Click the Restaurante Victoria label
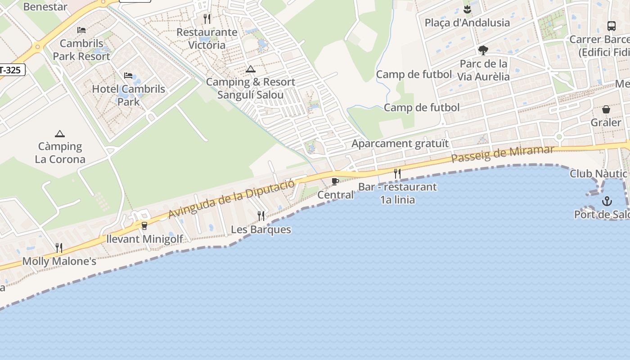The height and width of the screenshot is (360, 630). click(x=207, y=39)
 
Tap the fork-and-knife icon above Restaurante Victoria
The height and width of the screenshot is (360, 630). click(x=207, y=19)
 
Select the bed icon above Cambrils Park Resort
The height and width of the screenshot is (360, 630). click(x=81, y=30)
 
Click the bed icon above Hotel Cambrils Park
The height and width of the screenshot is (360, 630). click(x=128, y=75)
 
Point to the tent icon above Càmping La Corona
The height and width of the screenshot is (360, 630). click(x=59, y=134)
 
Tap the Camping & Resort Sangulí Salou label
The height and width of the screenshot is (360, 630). click(x=251, y=88)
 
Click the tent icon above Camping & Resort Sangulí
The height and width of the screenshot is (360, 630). click(x=250, y=69)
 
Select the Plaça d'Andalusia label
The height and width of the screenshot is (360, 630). click(x=467, y=22)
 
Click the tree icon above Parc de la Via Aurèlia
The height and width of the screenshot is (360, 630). click(x=483, y=50)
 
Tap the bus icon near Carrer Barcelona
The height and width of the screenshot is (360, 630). click(x=611, y=26)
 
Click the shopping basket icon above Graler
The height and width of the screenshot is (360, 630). click(x=606, y=109)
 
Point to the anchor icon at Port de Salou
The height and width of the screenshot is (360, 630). click(x=607, y=201)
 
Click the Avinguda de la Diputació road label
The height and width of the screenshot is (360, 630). click(x=232, y=198)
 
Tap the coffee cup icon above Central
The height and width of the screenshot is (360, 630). click(x=335, y=181)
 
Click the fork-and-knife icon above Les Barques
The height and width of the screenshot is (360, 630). click(x=261, y=216)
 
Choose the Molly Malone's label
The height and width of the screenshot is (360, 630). click(x=59, y=261)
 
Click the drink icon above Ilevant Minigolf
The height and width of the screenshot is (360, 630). click(x=144, y=225)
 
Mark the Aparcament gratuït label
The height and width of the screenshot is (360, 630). click(x=400, y=144)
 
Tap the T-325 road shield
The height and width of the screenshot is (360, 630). click(x=10, y=70)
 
